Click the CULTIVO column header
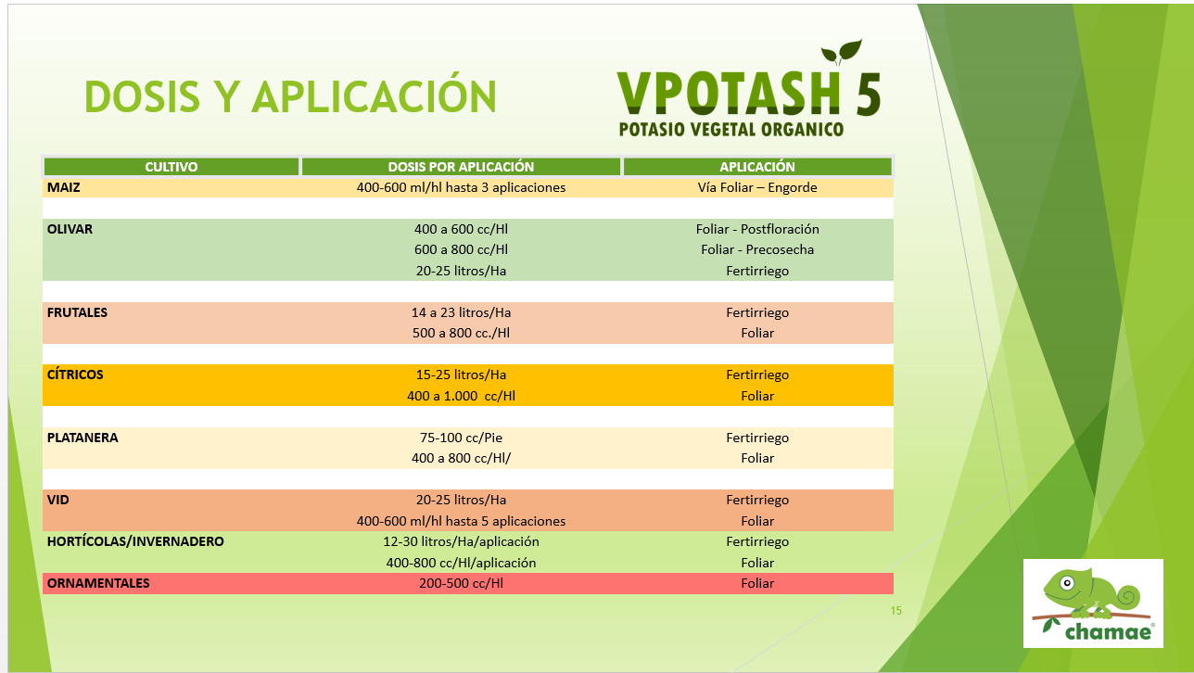(x=171, y=167)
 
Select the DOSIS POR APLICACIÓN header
(x=461, y=167)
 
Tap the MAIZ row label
(x=63, y=187)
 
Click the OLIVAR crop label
(x=70, y=229)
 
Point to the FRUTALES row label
(x=77, y=312)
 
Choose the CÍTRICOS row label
(x=75, y=375)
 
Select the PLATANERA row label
(x=83, y=438)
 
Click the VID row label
(x=58, y=500)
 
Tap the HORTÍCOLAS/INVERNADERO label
(x=135, y=541)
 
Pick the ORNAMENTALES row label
(x=98, y=583)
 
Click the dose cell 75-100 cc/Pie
(x=461, y=438)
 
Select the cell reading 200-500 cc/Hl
(x=461, y=583)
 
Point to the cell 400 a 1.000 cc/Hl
(x=461, y=396)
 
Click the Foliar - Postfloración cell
(x=757, y=229)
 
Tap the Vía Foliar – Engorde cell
(x=757, y=187)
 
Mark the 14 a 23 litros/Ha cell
(x=461, y=312)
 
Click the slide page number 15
(x=896, y=611)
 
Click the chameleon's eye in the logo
(x=1067, y=583)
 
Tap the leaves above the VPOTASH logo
(x=841, y=52)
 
